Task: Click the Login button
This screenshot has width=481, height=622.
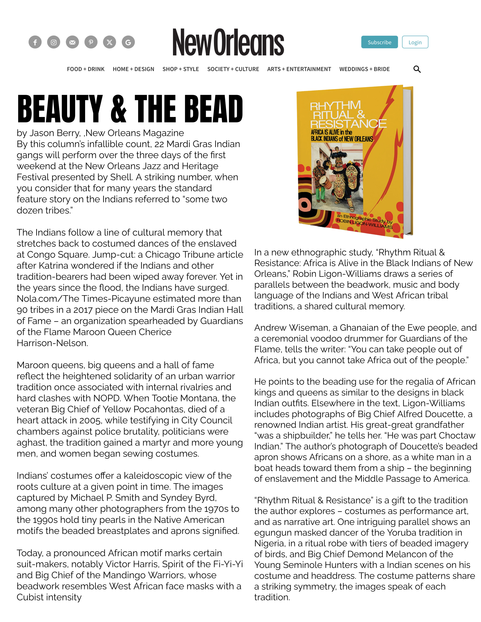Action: pyautogui.click(x=415, y=42)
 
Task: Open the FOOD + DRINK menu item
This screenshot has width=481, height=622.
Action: pyautogui.click(x=85, y=69)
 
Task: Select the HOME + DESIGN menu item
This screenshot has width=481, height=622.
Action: pyautogui.click(x=133, y=69)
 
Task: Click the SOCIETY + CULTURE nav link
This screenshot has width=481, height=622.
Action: pyautogui.click(x=233, y=69)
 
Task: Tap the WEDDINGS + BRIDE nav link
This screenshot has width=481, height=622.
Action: pyautogui.click(x=364, y=69)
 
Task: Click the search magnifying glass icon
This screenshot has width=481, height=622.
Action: pyautogui.click(x=417, y=69)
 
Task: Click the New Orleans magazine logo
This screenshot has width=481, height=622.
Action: pyautogui.click(x=228, y=42)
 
